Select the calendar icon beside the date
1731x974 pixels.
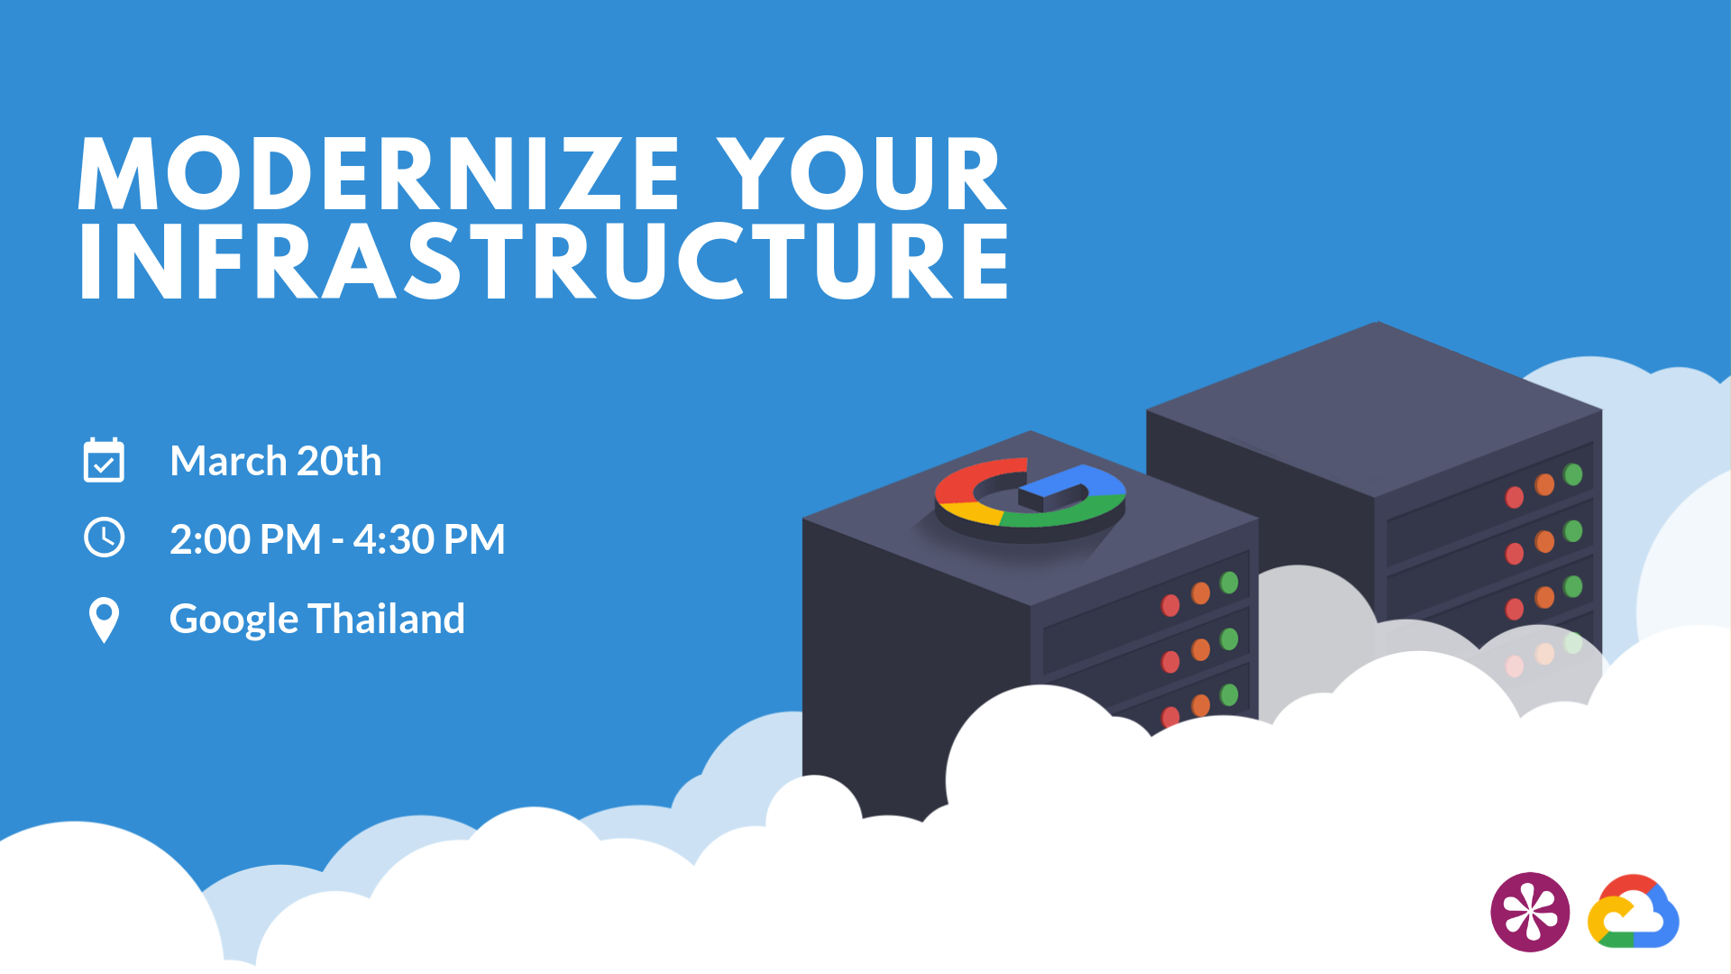click(104, 461)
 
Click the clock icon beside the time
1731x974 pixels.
click(105, 538)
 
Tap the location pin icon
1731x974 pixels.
click(104, 620)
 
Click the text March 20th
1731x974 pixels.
click(275, 461)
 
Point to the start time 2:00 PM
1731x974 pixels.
click(245, 539)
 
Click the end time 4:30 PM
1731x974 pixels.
click(429, 539)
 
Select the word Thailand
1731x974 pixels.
click(386, 619)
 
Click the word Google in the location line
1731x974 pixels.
click(234, 620)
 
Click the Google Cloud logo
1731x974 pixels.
click(1633, 913)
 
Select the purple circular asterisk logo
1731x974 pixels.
click(1530, 912)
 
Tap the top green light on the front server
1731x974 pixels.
click(1229, 583)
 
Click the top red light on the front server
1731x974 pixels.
click(1170, 605)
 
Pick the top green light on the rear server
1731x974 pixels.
click(1573, 474)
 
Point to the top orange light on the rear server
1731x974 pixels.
click(1544, 485)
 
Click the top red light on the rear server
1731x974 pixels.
click(1515, 497)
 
